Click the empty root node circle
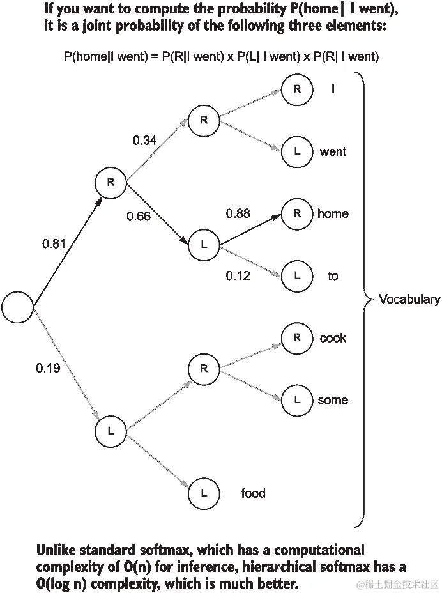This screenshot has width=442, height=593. pos(17,307)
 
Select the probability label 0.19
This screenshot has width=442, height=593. pos(49,368)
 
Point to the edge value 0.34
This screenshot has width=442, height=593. pos(145,140)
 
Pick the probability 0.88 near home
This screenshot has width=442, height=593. pos(238,213)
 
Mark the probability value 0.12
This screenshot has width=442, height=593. pos(238,275)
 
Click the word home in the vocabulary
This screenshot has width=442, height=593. pos(333,213)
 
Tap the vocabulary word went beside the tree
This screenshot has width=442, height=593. pos(333,151)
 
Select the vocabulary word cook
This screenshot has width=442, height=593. pos(333,338)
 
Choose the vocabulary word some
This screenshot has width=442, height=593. pos(333,400)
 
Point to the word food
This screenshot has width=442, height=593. pos(253,493)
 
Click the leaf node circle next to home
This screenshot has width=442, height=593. pos(297,213)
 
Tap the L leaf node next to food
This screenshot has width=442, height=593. pos(204,493)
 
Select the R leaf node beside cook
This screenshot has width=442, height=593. pos(297,338)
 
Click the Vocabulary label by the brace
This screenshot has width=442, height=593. pos(409,299)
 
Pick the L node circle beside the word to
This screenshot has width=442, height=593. pos(297,275)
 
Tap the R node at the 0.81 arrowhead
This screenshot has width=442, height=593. pos(111,182)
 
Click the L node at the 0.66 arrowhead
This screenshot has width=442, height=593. pos(204,245)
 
